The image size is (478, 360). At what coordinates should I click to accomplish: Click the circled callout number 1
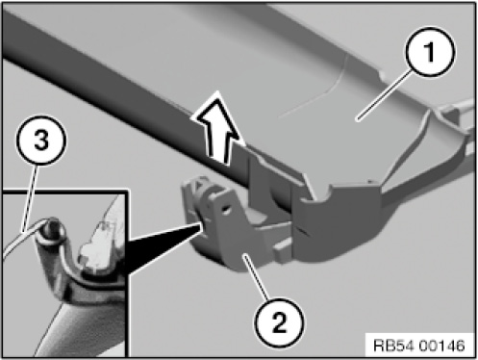[430, 51]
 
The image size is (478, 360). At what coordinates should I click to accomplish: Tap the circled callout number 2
[279, 322]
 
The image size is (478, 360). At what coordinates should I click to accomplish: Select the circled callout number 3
[41, 141]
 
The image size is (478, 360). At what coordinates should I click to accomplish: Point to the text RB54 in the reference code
[394, 346]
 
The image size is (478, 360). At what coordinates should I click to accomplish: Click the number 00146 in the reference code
[441, 346]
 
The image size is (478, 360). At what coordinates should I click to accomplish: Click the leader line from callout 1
[386, 95]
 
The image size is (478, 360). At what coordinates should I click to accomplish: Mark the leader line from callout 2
[256, 276]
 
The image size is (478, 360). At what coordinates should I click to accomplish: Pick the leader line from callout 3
[30, 197]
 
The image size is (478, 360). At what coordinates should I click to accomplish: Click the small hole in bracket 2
[225, 209]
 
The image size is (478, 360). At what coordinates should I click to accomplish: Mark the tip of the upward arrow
[217, 91]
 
